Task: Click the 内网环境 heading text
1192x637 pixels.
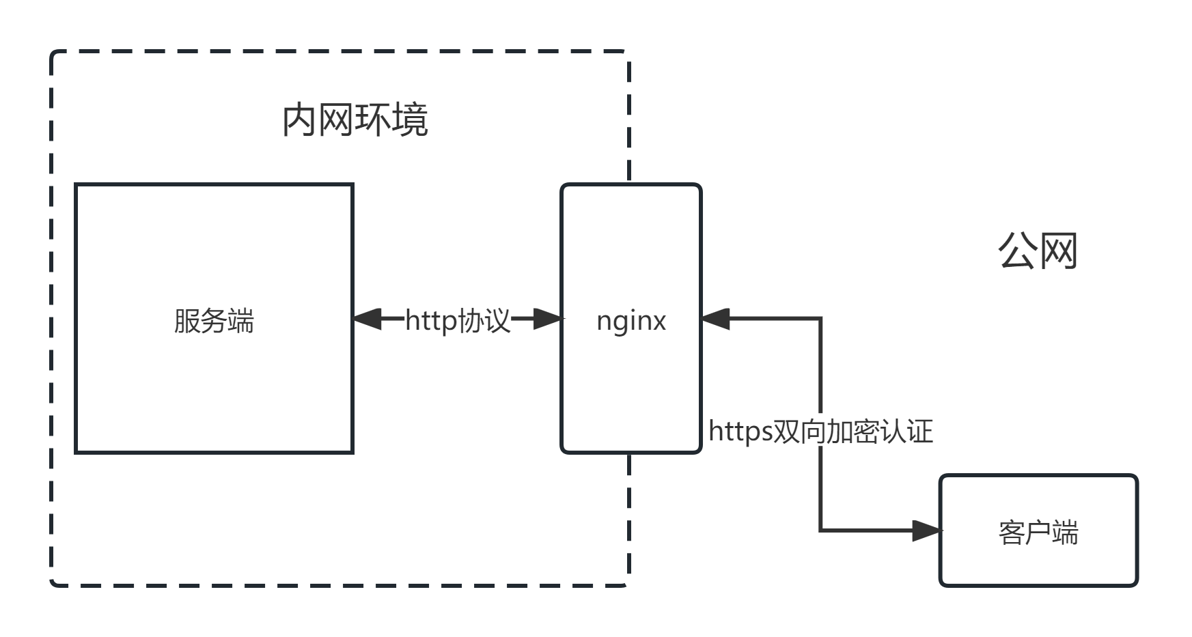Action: pos(355,120)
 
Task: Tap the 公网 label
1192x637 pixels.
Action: pos(1038,251)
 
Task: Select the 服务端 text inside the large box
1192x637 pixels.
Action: pos(214,321)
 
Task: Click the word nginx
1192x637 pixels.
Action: pos(630,321)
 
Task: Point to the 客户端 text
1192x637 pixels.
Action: pos(1038,533)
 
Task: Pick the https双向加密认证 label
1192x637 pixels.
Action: pos(820,431)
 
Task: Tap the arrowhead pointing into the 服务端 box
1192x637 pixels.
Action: pos(367,319)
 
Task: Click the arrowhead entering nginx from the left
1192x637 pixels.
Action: pos(548,319)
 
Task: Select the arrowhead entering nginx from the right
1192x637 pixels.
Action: pos(716,319)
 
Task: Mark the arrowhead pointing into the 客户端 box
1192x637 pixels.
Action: pos(927,530)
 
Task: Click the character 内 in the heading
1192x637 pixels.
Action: pos(301,120)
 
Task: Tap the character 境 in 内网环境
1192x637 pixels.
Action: pos(410,120)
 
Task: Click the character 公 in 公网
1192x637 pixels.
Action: pos(1018,251)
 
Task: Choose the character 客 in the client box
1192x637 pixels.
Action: pos(1012,533)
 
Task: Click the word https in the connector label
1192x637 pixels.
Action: pos(740,431)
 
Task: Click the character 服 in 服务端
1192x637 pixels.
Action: pos(187,321)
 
